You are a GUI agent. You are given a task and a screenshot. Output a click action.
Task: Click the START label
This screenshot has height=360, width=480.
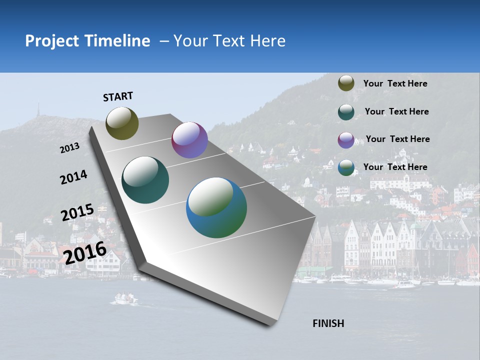(118, 96)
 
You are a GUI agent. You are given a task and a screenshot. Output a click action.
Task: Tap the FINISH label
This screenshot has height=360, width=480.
(328, 323)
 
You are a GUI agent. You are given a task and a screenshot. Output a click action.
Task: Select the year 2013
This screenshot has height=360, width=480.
(70, 147)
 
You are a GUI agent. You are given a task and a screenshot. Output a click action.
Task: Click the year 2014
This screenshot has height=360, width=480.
(73, 177)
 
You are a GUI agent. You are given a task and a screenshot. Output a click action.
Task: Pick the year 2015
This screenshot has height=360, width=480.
(77, 212)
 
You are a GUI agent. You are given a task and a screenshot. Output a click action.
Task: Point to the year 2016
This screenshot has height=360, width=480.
(85, 252)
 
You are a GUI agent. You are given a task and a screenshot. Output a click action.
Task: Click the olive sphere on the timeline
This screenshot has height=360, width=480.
(122, 123)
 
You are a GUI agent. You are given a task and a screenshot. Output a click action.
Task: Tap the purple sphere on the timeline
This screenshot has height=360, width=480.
(189, 140)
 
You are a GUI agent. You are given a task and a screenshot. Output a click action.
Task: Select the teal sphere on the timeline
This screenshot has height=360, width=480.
(145, 180)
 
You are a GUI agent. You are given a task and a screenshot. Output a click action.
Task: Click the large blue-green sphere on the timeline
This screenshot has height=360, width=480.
(216, 207)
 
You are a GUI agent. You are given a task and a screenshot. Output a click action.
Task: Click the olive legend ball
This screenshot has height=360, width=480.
(346, 83)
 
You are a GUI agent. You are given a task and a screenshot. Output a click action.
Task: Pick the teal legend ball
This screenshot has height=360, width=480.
(346, 112)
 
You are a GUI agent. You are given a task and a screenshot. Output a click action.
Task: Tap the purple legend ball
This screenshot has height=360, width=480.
(346, 140)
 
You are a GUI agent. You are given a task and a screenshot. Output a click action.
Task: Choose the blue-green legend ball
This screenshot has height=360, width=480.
(346, 167)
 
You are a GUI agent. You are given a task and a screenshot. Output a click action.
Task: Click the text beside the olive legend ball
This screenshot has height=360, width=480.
(395, 83)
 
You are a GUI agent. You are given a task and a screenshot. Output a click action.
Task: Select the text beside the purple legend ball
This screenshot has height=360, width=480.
(397, 139)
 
